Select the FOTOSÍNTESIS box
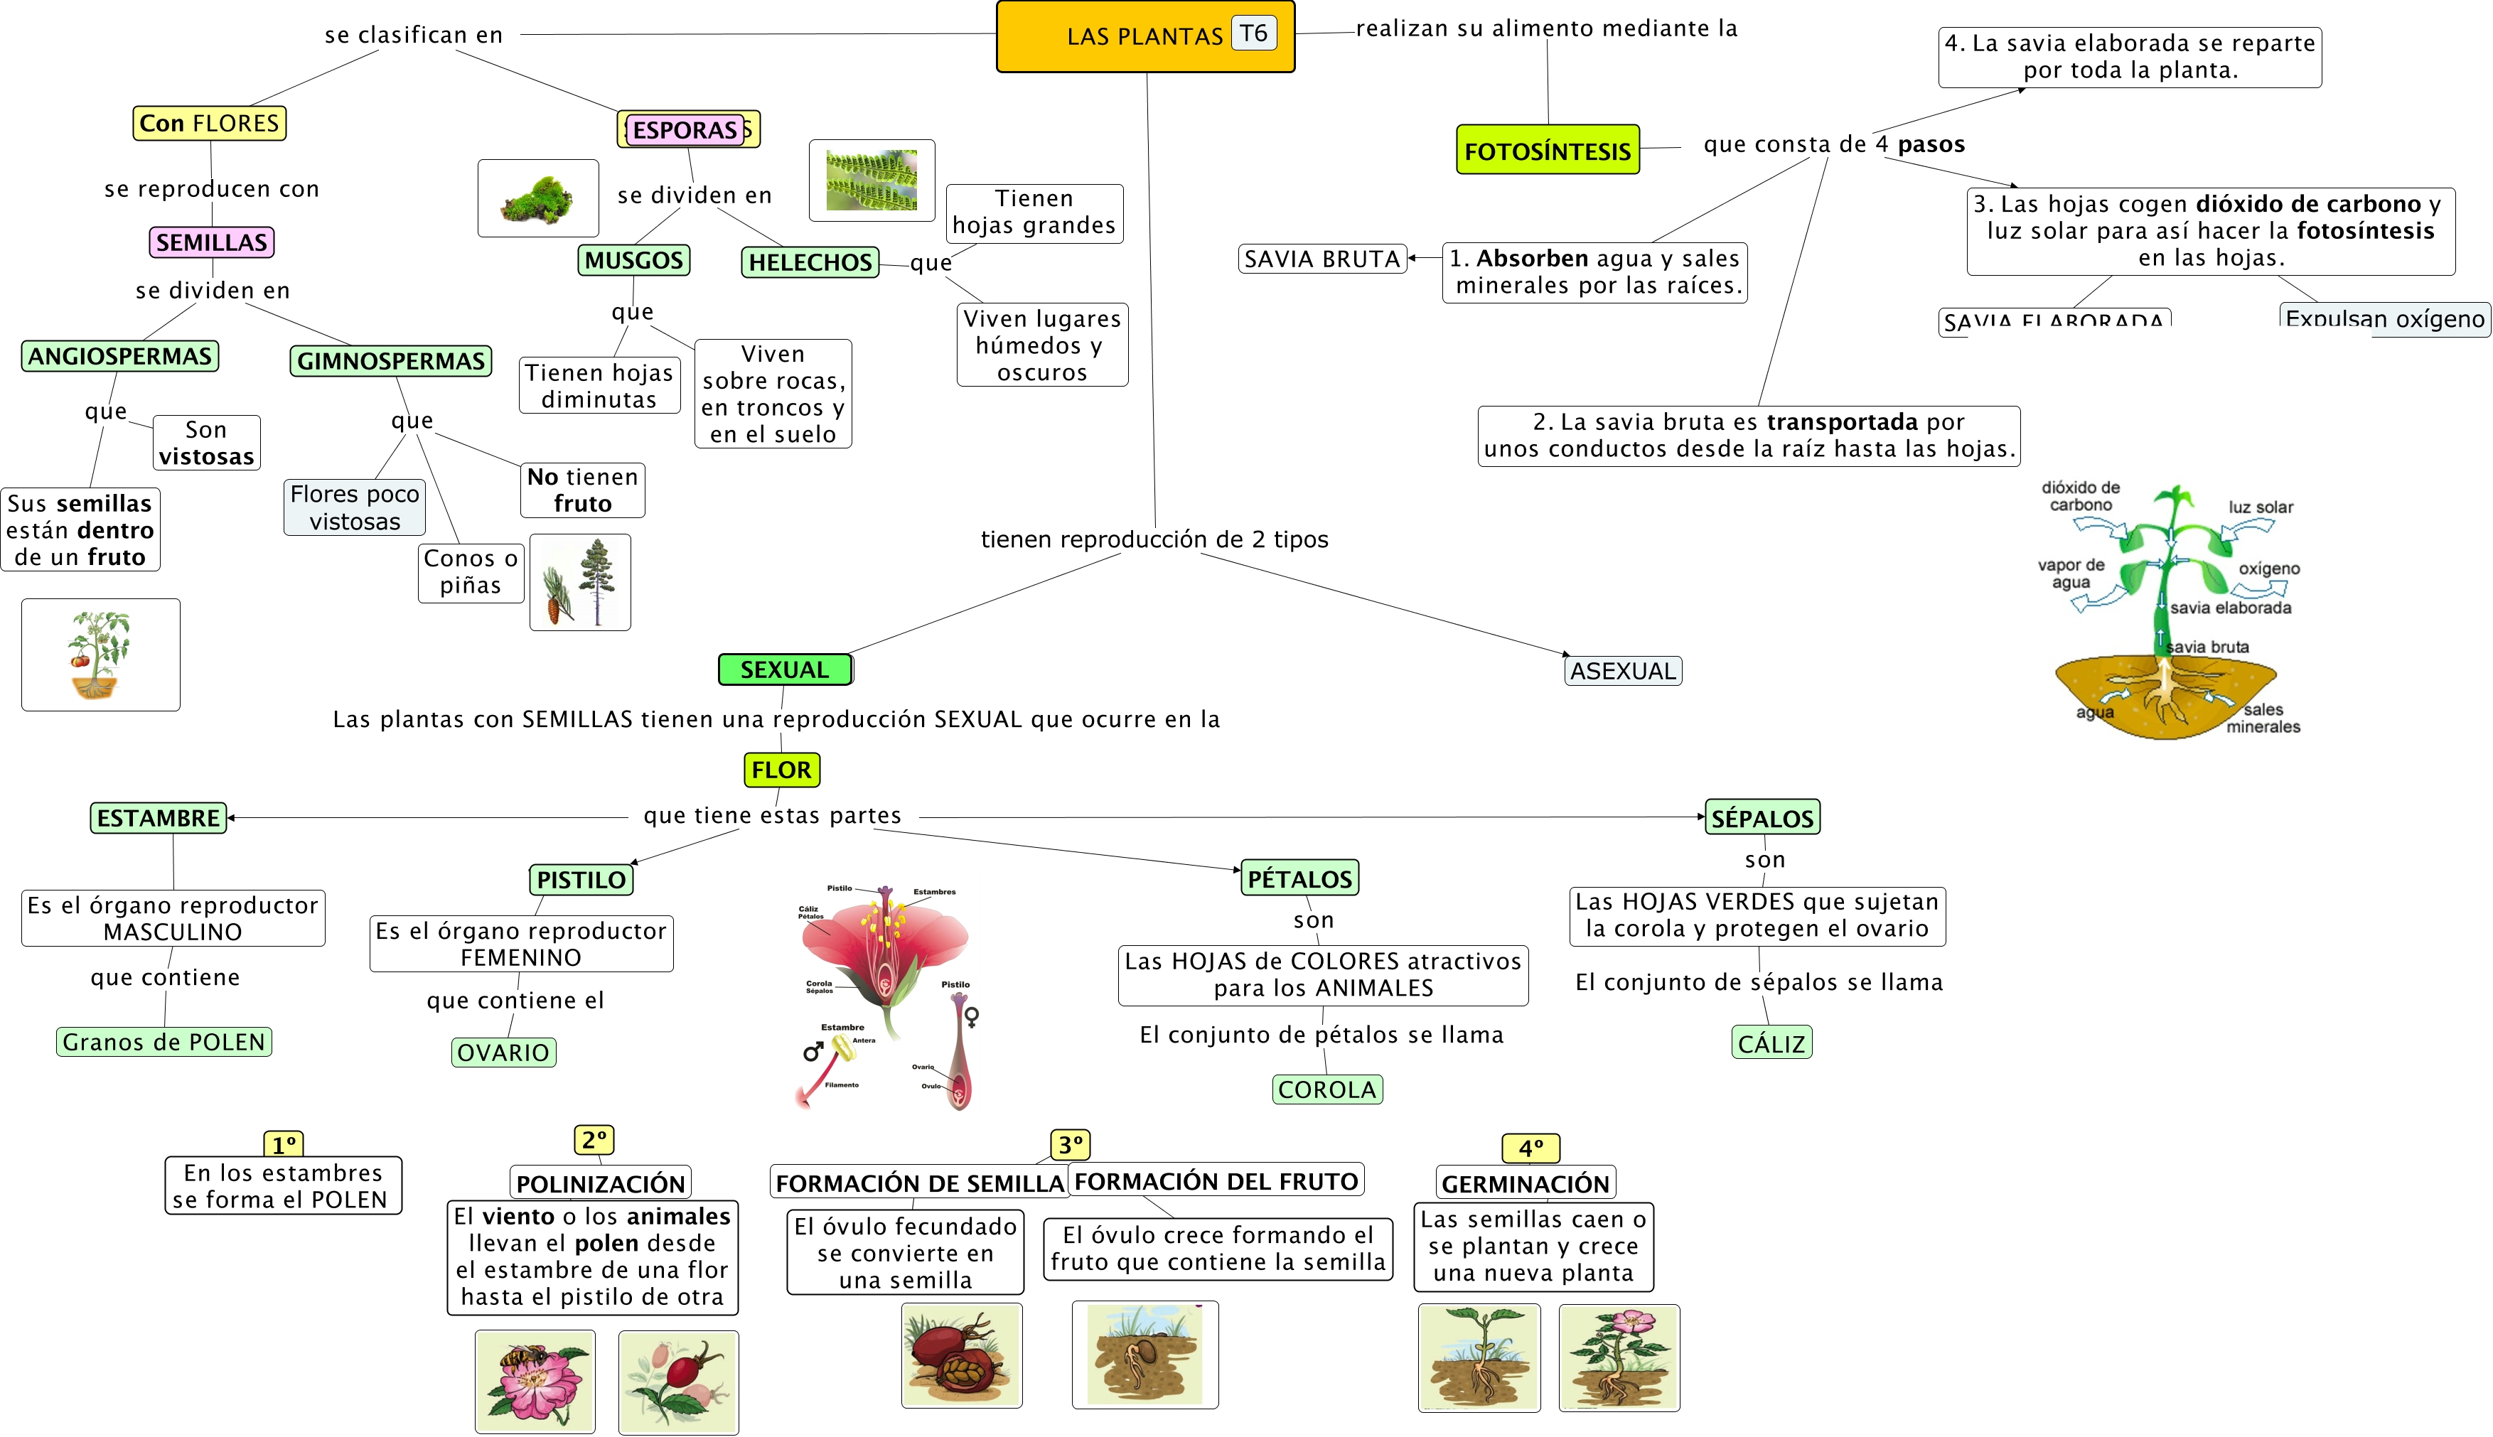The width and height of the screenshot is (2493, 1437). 1547,150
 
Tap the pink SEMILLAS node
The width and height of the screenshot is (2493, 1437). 211,242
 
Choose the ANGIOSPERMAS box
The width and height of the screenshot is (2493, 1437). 119,356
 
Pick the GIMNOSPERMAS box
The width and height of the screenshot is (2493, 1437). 391,361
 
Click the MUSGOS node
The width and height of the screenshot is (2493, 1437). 633,261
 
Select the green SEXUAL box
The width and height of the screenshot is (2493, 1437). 785,669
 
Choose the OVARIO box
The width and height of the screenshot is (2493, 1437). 503,1052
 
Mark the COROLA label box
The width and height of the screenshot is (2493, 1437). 1326,1089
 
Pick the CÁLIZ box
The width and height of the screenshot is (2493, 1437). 1771,1043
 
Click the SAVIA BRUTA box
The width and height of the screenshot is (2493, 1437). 1321,259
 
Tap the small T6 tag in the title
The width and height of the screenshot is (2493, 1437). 1253,33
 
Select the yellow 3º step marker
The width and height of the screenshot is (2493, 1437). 1070,1145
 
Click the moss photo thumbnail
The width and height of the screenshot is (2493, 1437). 538,198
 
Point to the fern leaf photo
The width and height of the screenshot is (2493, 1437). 872,181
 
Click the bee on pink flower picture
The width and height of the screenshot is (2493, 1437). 535,1381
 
